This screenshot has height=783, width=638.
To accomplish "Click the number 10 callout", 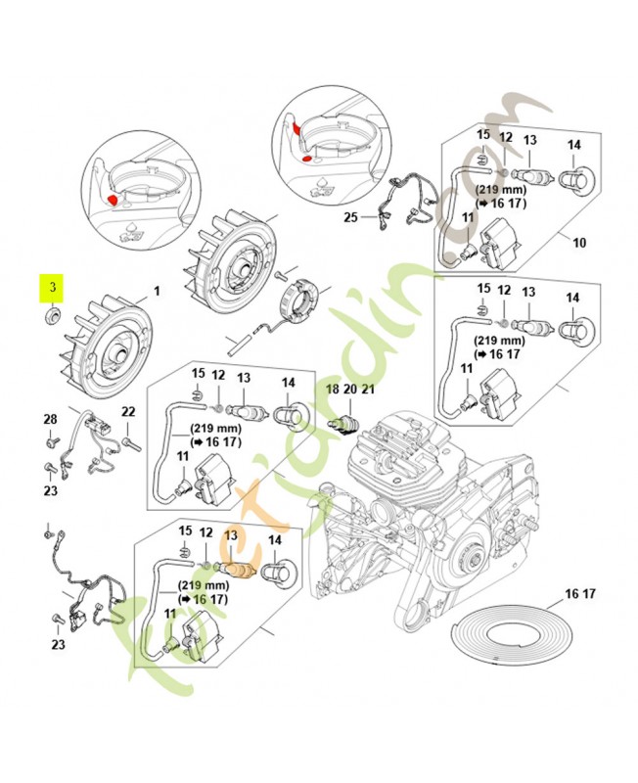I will point(579,242).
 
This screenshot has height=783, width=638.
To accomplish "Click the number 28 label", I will point(50,420).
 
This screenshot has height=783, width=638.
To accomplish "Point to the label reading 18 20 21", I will point(350,390).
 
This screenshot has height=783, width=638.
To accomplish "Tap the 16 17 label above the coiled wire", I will point(580,594).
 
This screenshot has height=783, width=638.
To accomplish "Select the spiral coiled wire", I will point(515,636).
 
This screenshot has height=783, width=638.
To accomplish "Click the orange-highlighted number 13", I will point(231,535).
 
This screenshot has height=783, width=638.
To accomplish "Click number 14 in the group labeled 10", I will point(574,145).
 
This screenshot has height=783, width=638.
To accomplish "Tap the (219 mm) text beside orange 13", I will point(204,585).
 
